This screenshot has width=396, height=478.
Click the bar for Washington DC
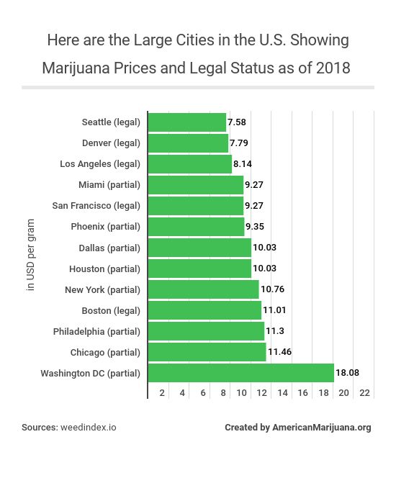pos(240,373)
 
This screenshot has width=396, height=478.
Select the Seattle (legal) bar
pos(186,122)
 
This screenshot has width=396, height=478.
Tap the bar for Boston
pos(204,310)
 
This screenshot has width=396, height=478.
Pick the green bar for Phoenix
pos(196,227)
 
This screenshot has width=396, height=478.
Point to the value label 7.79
pos(238,143)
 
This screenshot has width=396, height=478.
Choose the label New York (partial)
pos(102,289)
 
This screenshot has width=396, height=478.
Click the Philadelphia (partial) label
pos(96,331)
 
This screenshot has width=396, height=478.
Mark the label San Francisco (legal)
pos(96,206)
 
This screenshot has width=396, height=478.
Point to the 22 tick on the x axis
pos(364,393)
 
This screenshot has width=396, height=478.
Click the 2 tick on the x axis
pos(163,393)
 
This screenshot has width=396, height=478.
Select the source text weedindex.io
pos(89,427)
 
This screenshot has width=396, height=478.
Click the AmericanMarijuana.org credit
pos(321,427)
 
